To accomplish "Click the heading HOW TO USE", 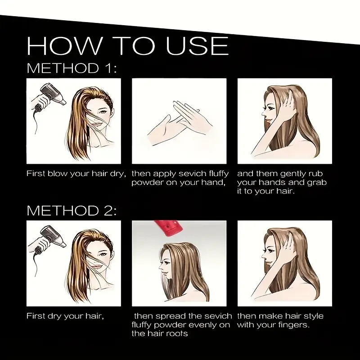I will click(127, 45).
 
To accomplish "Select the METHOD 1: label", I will click(72, 68).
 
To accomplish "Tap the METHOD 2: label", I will click(72, 211).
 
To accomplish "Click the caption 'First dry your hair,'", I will click(65, 316).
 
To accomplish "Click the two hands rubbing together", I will click(179, 121).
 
